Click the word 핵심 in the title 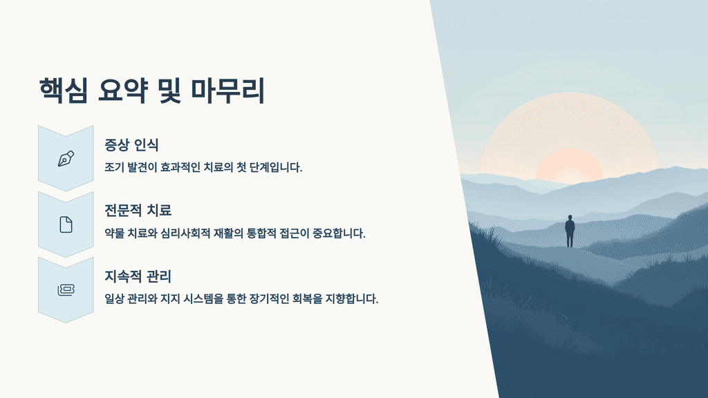[x=64, y=91]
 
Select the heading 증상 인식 [x=131, y=145]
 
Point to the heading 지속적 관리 [x=137, y=276]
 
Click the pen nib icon [x=66, y=158]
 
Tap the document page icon [x=66, y=225]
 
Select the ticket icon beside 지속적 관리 [x=66, y=290]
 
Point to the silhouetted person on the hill [x=570, y=231]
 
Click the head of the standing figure [x=570, y=218]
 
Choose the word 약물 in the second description [x=115, y=234]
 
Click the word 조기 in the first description [x=115, y=168]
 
